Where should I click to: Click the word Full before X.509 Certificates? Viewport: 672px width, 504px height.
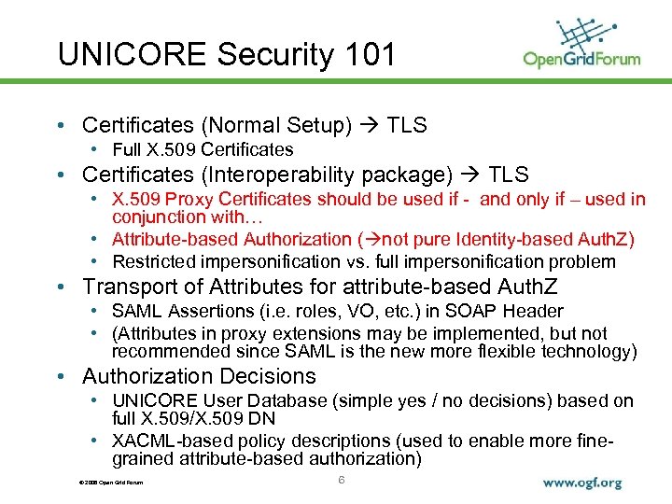click(x=128, y=149)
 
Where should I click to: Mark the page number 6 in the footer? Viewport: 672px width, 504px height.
click(x=342, y=480)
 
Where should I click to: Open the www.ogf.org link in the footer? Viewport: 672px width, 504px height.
click(x=581, y=483)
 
